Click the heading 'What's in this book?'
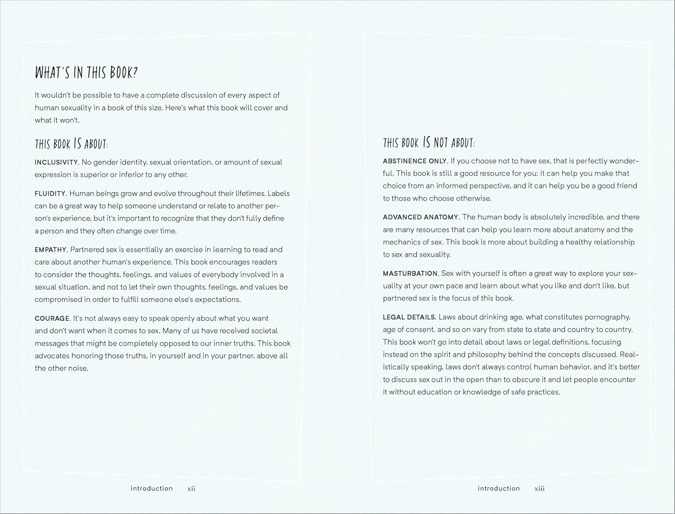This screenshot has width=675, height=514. click(86, 72)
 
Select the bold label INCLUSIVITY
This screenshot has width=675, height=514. click(57, 162)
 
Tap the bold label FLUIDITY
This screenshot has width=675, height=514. click(51, 194)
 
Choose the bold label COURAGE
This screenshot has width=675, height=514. click(53, 319)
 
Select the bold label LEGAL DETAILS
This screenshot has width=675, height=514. click(409, 317)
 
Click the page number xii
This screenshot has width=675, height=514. click(191, 488)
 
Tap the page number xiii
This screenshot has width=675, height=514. click(540, 488)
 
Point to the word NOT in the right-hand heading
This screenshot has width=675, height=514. click(441, 143)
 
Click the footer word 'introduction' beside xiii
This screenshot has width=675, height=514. click(499, 488)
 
